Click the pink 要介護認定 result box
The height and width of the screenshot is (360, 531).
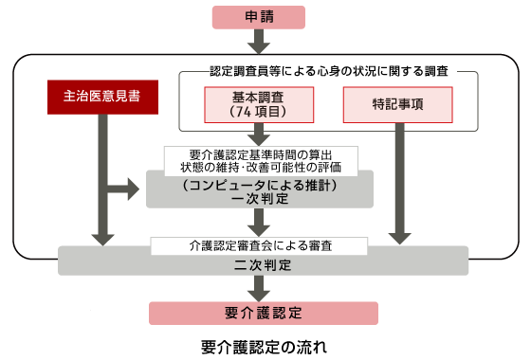264,313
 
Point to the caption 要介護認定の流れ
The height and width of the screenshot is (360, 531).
265,345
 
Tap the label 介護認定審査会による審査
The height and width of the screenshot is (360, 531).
260,244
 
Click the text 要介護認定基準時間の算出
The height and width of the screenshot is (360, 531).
260,153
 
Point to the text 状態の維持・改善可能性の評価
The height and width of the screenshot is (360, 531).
260,168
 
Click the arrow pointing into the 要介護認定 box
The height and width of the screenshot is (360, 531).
264,289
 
